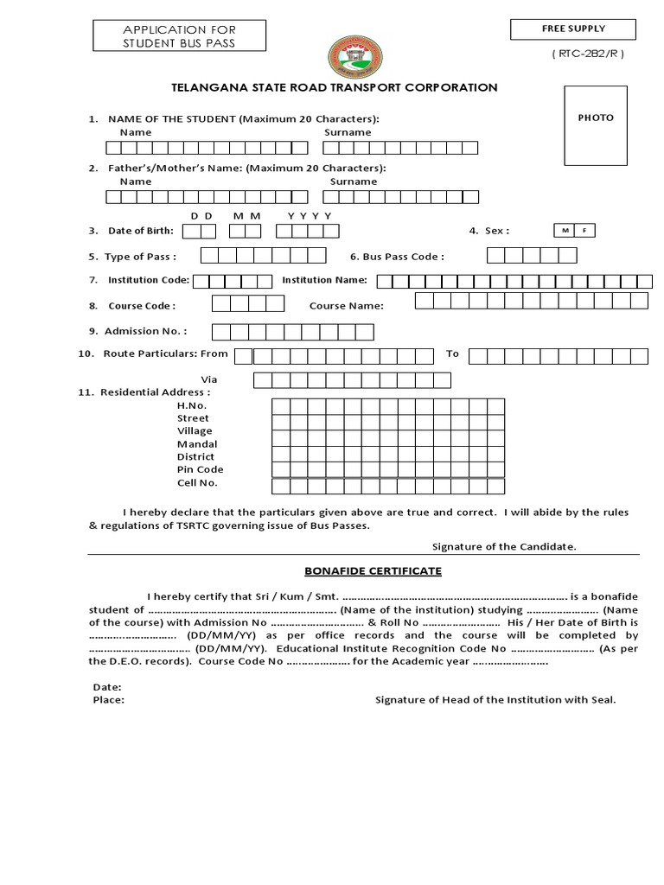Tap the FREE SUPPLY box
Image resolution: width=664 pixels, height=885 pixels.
573,29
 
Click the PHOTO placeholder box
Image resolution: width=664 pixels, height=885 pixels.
596,125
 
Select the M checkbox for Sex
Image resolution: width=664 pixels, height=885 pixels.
565,231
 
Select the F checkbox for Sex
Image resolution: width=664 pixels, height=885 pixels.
584,231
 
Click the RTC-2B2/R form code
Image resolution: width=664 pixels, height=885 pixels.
587,54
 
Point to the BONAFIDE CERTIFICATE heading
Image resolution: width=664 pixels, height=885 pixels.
373,571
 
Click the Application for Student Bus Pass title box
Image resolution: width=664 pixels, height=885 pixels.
179,36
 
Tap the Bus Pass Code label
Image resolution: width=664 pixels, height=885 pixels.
397,257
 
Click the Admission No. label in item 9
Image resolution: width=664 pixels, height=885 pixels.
145,331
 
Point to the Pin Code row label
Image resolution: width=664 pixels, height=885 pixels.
200,469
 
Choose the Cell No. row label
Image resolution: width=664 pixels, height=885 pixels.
197,482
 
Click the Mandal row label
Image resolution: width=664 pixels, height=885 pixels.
197,443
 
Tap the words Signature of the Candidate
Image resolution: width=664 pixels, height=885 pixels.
504,546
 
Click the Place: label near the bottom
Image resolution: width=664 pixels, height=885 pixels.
108,700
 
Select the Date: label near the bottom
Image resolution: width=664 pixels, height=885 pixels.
106,687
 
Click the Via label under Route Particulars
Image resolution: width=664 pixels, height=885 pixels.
209,379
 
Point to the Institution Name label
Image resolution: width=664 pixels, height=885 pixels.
324,280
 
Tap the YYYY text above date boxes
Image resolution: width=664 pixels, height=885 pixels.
310,215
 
